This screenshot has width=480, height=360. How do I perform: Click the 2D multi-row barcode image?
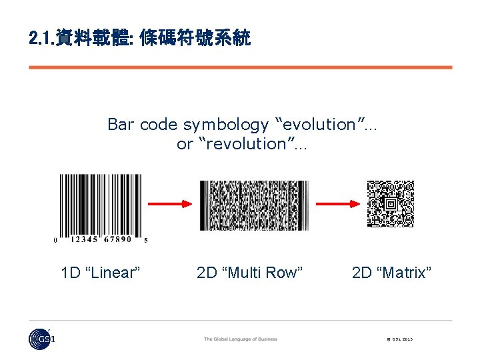pos(254,205)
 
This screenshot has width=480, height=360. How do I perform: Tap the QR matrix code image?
pos(391,203)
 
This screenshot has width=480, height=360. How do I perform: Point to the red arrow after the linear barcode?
pos(170,203)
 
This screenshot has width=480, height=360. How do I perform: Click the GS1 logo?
pos(42,339)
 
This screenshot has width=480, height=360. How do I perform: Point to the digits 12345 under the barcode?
pos(84,239)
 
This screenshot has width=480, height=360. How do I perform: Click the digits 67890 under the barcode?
pos(117,239)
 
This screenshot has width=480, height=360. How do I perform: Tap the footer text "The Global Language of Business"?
pos(240,339)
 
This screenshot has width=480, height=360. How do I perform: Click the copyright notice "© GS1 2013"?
pos(399,339)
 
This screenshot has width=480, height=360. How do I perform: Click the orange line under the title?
pos(240,67)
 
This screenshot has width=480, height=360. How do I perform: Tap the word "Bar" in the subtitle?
pos(122,125)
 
